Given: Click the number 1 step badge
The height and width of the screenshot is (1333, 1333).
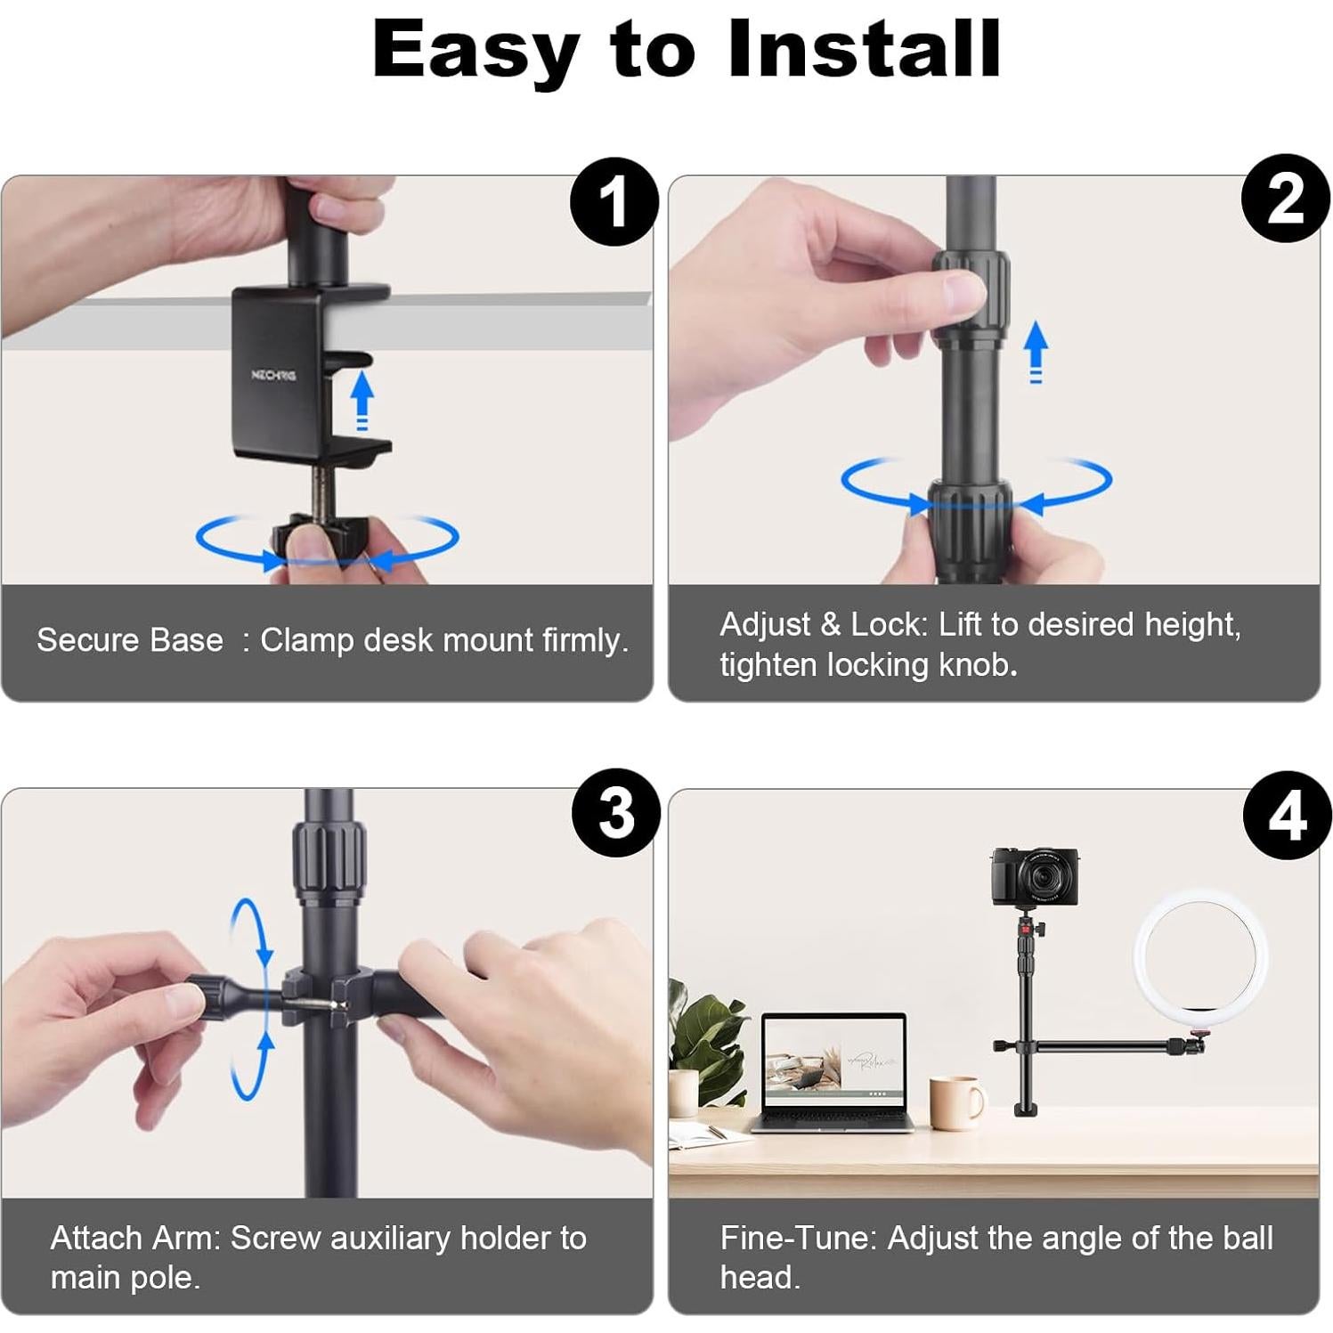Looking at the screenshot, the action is [x=614, y=202].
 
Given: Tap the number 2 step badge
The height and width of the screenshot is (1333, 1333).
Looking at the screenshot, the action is [x=1285, y=199].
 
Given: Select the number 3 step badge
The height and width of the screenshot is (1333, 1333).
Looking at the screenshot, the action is [x=615, y=813].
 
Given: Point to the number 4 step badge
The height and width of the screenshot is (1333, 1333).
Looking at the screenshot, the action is [x=1287, y=815].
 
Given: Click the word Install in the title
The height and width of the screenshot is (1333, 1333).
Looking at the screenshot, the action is [x=864, y=49].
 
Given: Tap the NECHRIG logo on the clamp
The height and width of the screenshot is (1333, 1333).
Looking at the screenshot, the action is [x=273, y=375].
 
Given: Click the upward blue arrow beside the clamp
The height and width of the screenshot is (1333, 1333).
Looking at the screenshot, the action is [x=362, y=401].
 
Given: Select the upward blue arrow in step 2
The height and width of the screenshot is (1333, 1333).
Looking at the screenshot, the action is [x=1036, y=352].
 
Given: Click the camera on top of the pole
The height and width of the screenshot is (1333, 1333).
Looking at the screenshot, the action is [x=1035, y=876].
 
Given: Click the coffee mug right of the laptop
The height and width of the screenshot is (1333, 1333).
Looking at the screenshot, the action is [x=957, y=1102].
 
